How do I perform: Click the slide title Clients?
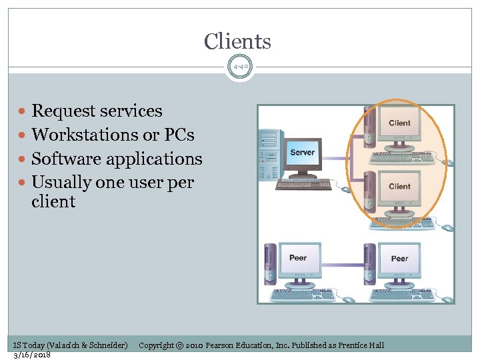tap(237, 41)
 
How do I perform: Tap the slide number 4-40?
tap(240, 67)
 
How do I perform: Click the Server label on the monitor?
tap(302, 153)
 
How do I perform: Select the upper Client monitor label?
tap(399, 123)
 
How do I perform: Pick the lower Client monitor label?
tap(399, 187)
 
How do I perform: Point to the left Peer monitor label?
tap(298, 258)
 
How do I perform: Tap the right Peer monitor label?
tap(399, 258)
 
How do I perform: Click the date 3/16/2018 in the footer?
tap(32, 355)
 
